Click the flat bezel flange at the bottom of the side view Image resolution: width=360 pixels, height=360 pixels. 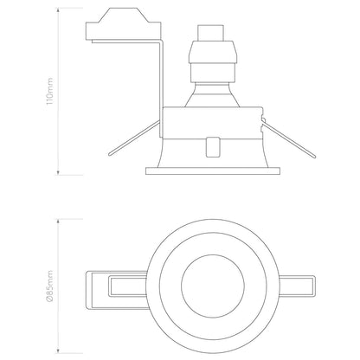pyautogui.click(x=212, y=167)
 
